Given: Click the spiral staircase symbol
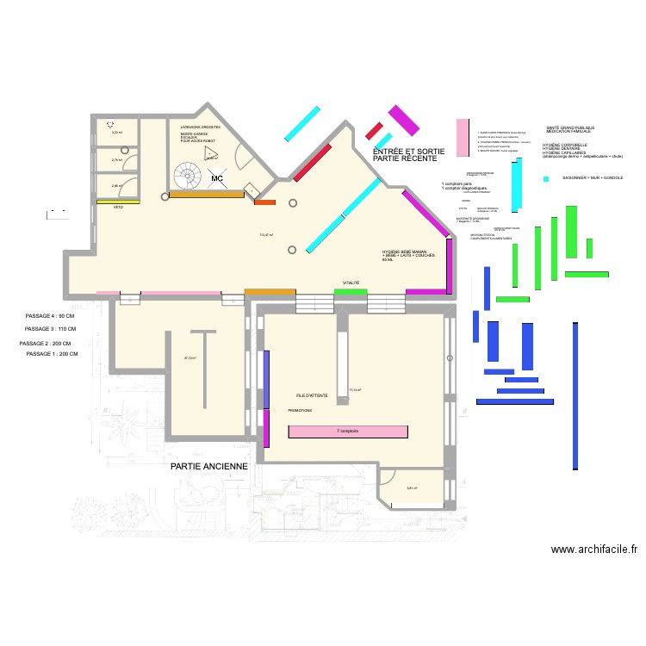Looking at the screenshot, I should pos(186,177).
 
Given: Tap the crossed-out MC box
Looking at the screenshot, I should pos(218,178).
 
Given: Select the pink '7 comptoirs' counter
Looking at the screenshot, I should pos(348,431).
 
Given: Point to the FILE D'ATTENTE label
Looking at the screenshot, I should pos(311,394).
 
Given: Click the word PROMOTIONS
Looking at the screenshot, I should pos(300,411).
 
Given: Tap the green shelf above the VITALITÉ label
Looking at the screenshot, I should pos(351,292).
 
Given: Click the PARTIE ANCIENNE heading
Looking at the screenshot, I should pos(209,466).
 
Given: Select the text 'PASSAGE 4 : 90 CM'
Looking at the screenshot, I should pos(51,317).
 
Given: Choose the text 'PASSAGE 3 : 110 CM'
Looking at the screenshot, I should pos(51,329).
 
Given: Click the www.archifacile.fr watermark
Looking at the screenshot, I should pos(585,548).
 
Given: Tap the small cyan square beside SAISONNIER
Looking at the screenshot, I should pos(546,178).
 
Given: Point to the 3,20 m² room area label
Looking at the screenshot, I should pos(116,133).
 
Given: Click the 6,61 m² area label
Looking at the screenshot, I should pos(412,488).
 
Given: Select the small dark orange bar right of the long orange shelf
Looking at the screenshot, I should pos(265,202).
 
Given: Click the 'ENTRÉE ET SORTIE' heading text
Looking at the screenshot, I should pos(409,152).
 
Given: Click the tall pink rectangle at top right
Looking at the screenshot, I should pos(463,138).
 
